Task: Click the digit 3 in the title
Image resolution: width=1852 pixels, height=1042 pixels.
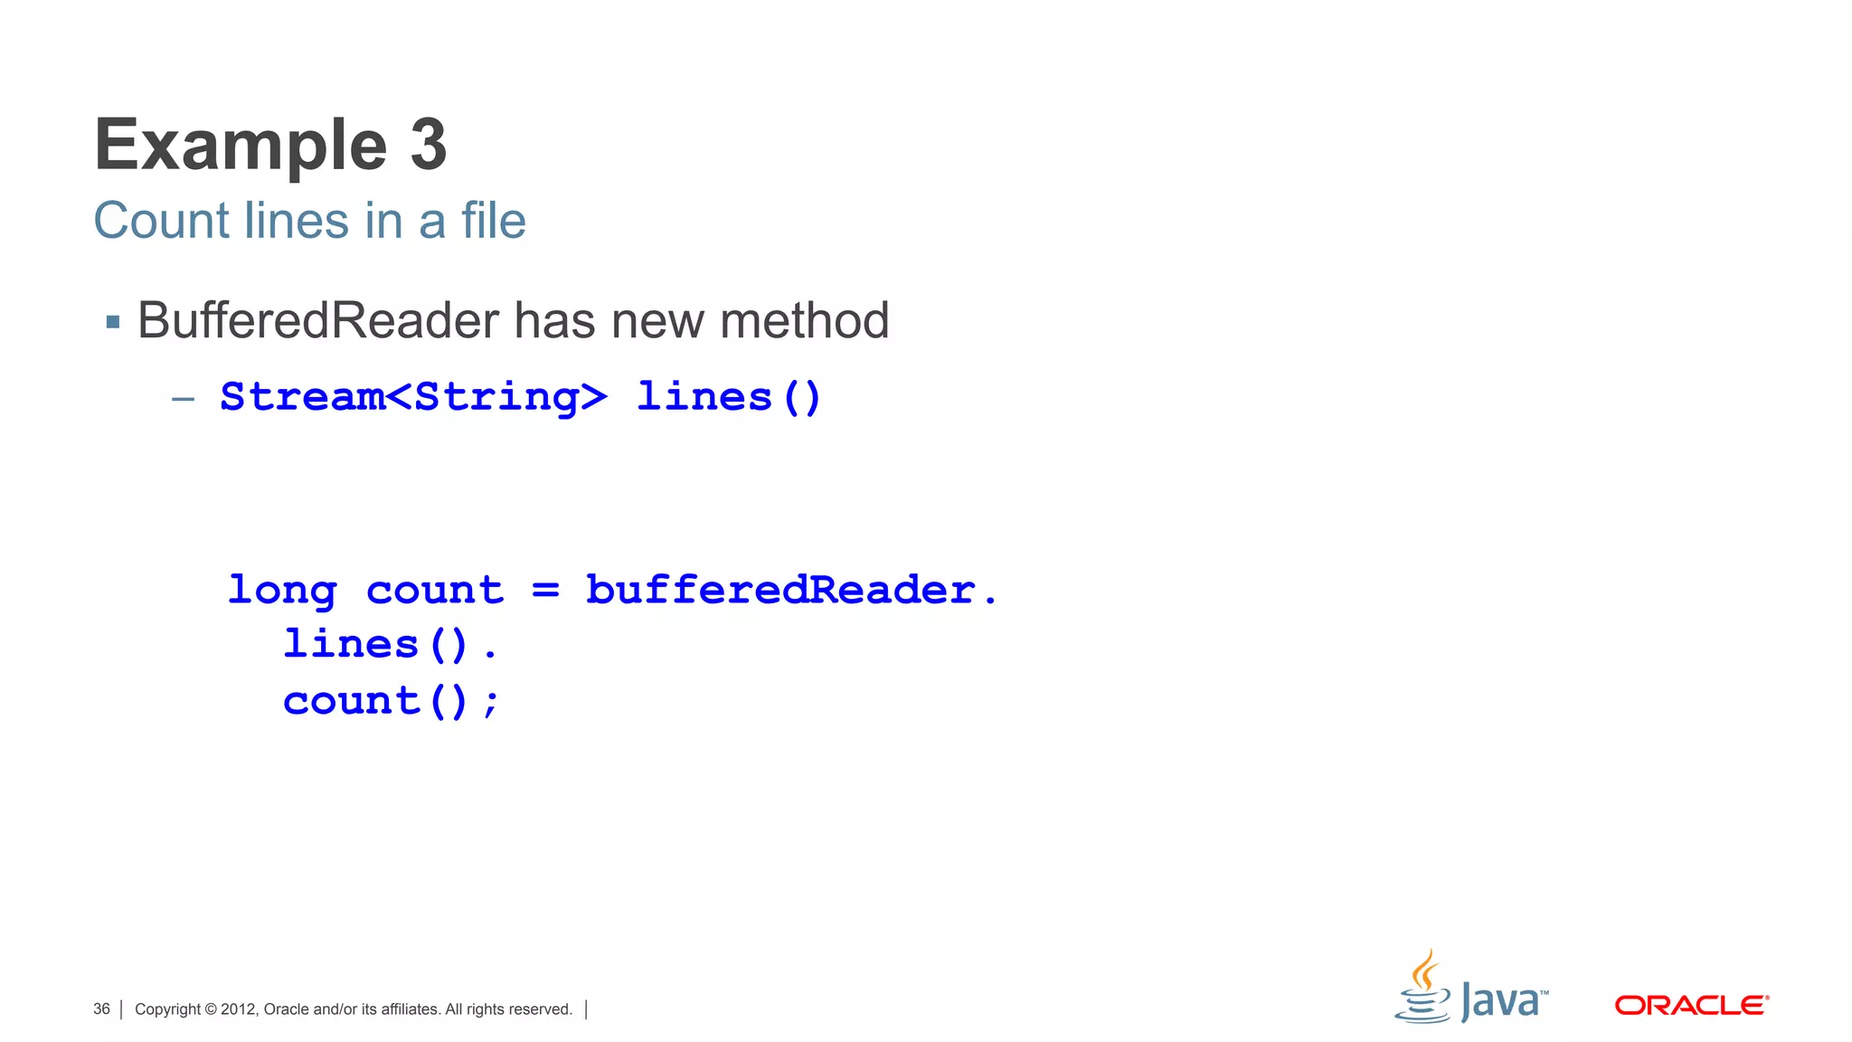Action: [429, 145]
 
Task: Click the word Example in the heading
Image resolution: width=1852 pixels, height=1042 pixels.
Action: [241, 147]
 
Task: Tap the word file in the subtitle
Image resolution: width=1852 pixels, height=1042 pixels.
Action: [493, 221]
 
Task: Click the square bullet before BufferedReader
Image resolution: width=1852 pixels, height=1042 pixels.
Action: [113, 322]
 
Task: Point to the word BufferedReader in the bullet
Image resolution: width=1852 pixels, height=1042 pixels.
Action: [318, 320]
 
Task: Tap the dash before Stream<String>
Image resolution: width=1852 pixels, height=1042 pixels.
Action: [184, 398]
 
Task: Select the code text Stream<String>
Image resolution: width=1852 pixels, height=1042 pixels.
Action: [413, 397]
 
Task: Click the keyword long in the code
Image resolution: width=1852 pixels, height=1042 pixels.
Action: [282, 591]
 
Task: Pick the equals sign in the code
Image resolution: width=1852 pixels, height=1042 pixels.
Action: [545, 590]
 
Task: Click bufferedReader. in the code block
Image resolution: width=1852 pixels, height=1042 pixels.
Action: [791, 590]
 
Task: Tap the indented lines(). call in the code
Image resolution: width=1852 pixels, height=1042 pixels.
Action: [390, 645]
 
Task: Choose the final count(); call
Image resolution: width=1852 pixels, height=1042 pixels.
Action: [391, 701]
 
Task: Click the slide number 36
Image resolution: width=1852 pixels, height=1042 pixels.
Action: [101, 1009]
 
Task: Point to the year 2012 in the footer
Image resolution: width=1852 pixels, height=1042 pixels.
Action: [239, 1009]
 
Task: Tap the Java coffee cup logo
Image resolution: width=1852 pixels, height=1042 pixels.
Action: [1423, 989]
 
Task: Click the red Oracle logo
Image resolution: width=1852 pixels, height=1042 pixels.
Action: [1691, 1006]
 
